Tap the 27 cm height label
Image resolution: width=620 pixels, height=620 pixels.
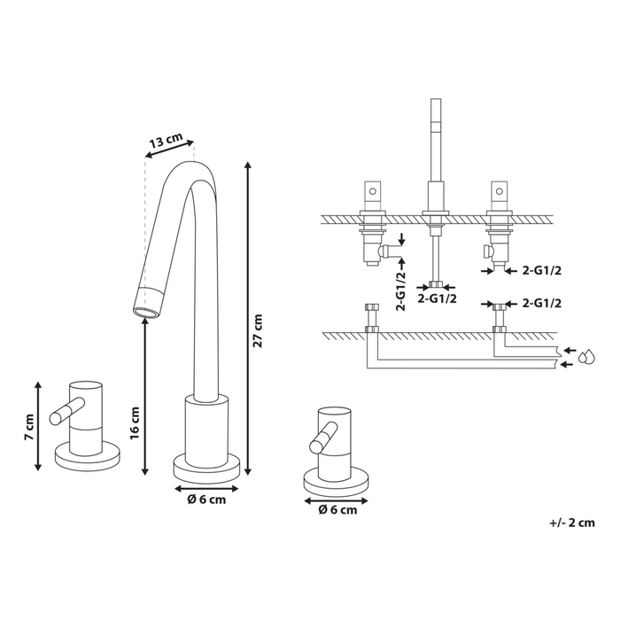coord(258,330)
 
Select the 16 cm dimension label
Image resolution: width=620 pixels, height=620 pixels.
coord(136,426)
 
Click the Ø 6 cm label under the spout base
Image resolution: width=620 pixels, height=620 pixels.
coord(206,500)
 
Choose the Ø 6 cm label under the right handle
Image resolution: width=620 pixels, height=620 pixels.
coord(337,509)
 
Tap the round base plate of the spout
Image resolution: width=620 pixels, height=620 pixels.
coord(206,466)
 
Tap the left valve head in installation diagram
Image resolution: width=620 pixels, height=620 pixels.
coord(372,192)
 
